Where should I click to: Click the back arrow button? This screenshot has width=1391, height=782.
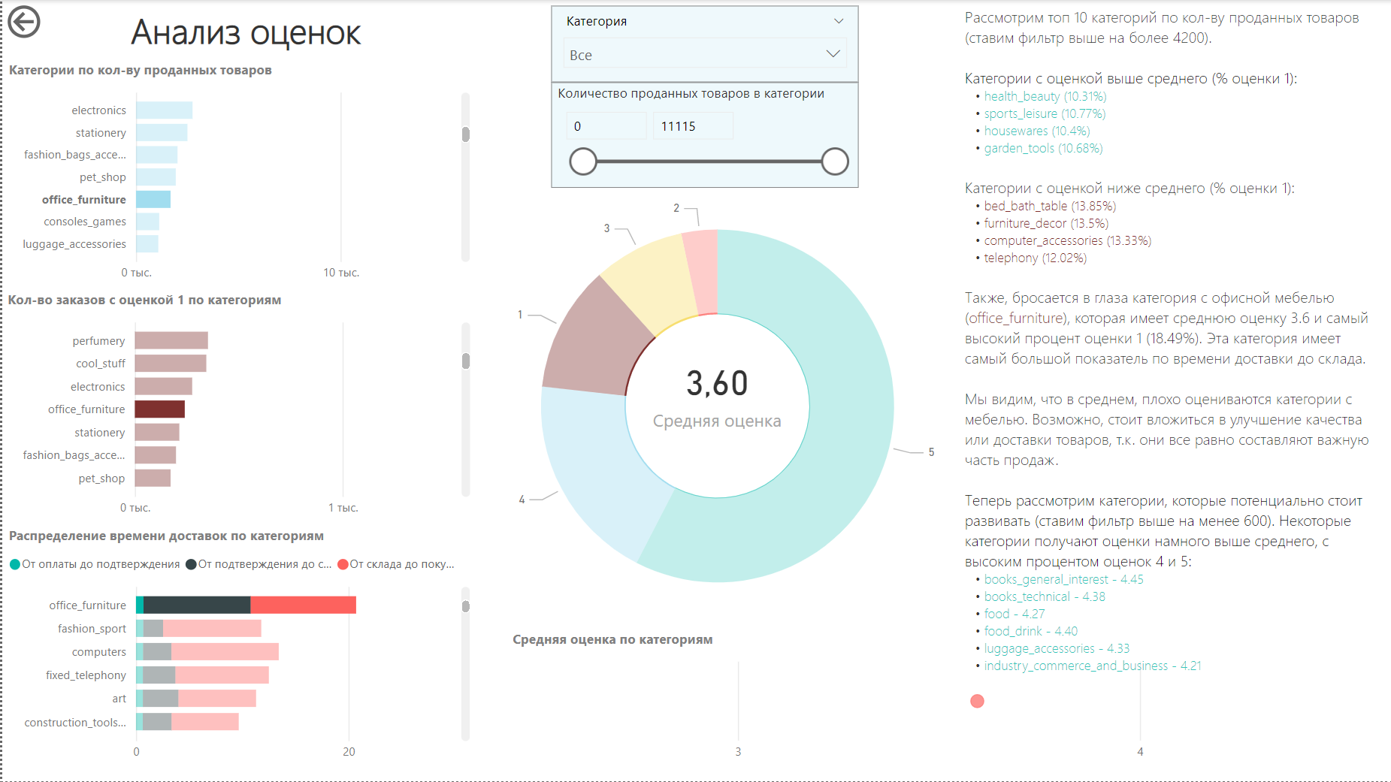point(24,22)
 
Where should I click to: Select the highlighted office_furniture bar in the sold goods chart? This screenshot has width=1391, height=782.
point(153,200)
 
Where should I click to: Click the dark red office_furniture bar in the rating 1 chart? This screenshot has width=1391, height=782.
point(159,409)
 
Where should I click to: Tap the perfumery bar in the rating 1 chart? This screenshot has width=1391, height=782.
point(171,341)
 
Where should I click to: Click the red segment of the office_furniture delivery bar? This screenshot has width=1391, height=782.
point(303,605)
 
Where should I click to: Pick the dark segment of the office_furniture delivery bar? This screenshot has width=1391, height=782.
point(197,605)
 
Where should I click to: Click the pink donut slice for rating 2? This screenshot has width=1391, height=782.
point(701,270)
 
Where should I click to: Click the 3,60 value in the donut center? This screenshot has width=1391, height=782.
point(717,384)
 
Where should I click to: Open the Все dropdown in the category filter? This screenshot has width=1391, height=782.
point(704,55)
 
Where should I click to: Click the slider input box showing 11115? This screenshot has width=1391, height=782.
point(691,126)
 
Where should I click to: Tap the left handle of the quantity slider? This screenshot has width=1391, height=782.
point(583,162)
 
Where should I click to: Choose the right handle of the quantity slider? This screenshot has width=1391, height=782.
point(834,162)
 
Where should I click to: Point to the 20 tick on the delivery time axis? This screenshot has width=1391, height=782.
point(349,752)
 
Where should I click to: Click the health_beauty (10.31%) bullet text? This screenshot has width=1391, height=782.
point(1045,96)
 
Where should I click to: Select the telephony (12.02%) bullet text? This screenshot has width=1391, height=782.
point(1035,258)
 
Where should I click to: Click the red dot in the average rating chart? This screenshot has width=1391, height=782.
point(977,701)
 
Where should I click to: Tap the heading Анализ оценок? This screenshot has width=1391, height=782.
point(246,33)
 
